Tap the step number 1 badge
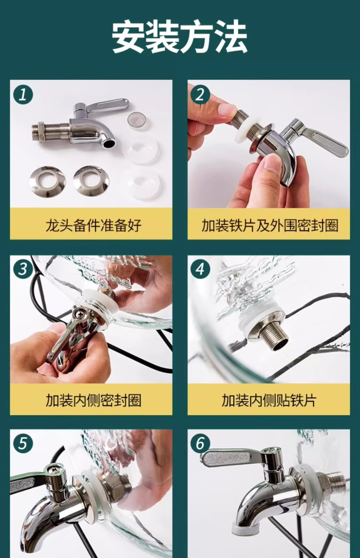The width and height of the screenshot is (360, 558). tap(23, 95)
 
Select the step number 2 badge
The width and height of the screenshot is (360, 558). tap(200, 95)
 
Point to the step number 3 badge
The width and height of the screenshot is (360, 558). tap(23, 269)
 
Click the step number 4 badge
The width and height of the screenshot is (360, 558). tap(200, 269)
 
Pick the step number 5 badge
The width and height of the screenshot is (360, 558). tap(23, 444)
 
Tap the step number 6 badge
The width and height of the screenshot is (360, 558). tap(200, 444)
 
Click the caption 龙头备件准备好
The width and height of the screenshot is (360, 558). tap(93, 225)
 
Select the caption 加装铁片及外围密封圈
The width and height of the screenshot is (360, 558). tap(270, 225)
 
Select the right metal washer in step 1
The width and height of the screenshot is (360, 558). tap(91, 180)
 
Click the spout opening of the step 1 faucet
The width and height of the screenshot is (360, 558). tap(109, 143)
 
